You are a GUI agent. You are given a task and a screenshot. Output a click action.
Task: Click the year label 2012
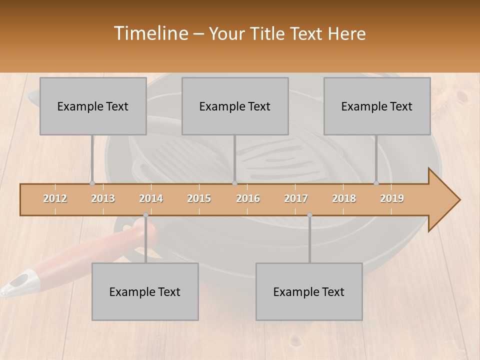pos(55,198)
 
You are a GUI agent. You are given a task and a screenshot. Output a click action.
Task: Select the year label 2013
pos(103,198)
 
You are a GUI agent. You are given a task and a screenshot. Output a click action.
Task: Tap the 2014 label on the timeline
pos(151,198)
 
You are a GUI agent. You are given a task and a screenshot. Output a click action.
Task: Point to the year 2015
pos(199,198)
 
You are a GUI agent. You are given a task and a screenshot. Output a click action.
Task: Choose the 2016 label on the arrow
pos(248,198)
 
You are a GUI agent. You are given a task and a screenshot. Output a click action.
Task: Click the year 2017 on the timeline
pos(296,198)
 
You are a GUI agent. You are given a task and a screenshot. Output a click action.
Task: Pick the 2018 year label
pos(344,198)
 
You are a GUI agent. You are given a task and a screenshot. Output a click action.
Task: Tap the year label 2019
pos(392,198)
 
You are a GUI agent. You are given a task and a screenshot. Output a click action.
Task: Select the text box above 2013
pos(93,106)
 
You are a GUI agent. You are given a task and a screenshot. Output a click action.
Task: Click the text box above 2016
pos(235,106)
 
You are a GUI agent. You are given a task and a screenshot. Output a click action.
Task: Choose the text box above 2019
pos(377,106)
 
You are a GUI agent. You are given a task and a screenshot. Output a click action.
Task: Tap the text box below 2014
pos(145,291)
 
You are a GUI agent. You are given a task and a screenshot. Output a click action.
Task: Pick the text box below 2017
pos(309,291)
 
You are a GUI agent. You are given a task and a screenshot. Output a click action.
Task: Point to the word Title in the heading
pos(273,33)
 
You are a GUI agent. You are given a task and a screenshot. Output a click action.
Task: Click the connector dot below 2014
pos(145,215)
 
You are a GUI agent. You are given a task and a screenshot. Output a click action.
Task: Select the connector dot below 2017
pos(309,215)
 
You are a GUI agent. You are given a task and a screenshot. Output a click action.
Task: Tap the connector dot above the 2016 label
pos(234,183)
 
